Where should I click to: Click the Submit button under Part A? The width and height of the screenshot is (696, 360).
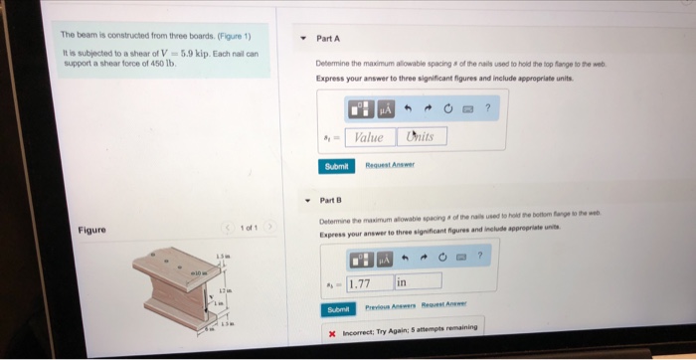336,167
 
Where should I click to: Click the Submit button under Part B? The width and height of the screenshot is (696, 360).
340,309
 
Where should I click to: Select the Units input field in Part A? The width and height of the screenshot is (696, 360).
422,137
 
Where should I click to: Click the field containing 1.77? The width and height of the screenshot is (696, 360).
370,283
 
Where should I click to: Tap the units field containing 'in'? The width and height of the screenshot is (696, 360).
423,283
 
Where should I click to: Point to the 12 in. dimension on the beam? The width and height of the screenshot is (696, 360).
227,288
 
